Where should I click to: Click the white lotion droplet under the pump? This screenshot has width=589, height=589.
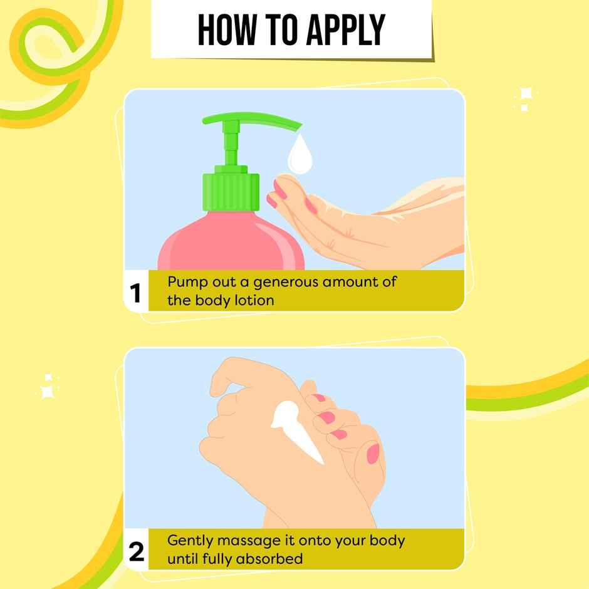(x=299, y=156)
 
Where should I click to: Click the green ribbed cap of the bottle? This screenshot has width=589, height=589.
(x=231, y=192)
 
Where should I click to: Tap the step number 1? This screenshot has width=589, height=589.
(x=136, y=293)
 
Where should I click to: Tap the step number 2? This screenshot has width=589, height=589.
(x=136, y=551)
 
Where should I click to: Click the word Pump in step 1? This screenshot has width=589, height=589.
(x=185, y=282)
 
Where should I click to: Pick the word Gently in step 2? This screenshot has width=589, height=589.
(x=190, y=540)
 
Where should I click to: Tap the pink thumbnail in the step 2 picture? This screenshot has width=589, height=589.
(x=372, y=452)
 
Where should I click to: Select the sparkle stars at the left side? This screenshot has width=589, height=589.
(x=48, y=387)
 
